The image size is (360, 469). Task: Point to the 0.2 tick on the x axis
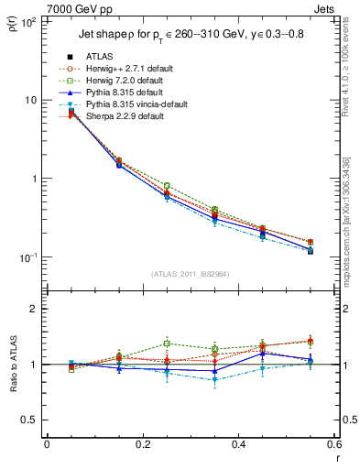pyautogui.click(x=142, y=444)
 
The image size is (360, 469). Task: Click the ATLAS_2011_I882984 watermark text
pyautogui.click(x=190, y=273)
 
